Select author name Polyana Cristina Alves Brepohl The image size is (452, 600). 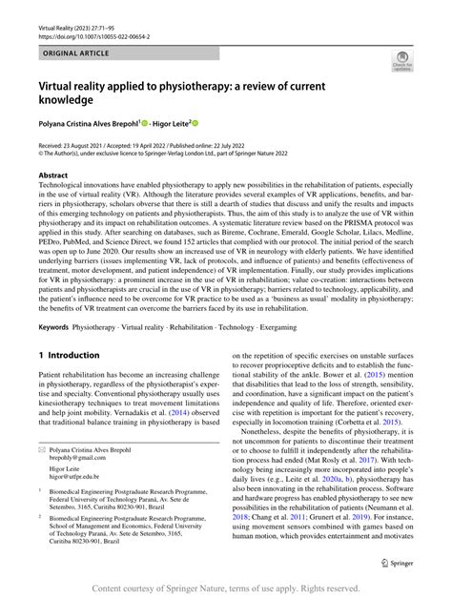tap(87, 123)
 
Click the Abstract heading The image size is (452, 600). tap(52, 176)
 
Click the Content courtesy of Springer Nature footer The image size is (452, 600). tap(226, 589)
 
